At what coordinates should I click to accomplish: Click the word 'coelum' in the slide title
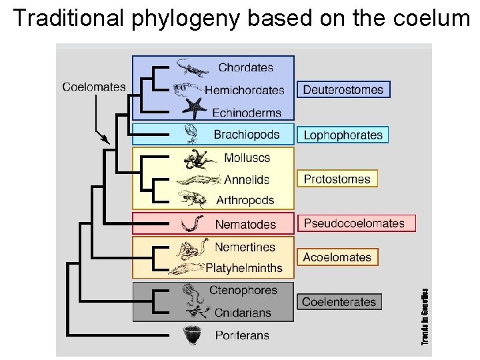tap(433, 18)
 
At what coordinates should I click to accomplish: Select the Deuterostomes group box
tap(343, 89)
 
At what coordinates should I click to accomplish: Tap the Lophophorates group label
tap(343, 135)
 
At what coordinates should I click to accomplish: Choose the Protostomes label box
tap(337, 179)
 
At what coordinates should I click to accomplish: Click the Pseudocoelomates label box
tap(356, 223)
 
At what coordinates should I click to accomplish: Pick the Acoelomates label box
tap(337, 257)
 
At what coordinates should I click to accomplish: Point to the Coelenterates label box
tap(339, 301)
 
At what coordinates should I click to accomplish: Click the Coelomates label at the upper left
tap(94, 86)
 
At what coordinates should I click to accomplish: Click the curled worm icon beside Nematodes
tap(193, 223)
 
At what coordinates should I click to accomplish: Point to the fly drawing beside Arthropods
tap(194, 199)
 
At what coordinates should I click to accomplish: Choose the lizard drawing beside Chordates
tap(193, 67)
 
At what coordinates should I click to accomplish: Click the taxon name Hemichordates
tap(245, 90)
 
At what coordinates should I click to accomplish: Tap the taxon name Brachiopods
tap(247, 135)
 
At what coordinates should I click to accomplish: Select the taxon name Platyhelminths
tap(245, 269)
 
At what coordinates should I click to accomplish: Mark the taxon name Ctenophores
tap(243, 291)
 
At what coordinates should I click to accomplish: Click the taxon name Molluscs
tap(247, 158)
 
